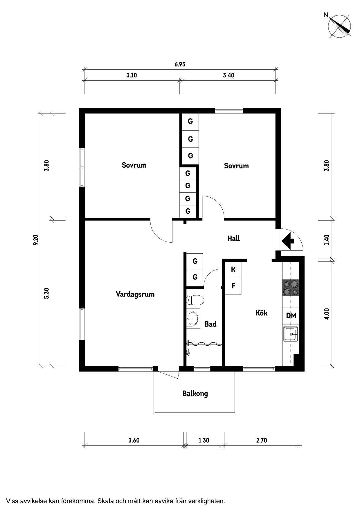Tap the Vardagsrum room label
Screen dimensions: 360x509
[x=135, y=294]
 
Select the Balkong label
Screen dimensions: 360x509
[x=195, y=394]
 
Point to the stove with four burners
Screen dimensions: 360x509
[x=291, y=288]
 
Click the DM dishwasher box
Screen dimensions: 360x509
[x=291, y=315]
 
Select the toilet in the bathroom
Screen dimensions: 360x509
[x=195, y=300]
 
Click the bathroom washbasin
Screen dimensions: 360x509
[x=193, y=318]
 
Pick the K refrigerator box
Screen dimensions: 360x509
[x=233, y=270]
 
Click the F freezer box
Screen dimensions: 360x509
[x=233, y=286]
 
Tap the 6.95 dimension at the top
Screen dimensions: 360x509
[x=180, y=64]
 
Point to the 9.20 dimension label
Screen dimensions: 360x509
[x=35, y=240]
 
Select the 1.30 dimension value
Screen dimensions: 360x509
[x=204, y=440]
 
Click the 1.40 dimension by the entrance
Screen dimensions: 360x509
[x=327, y=240]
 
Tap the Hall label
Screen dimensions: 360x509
[x=233, y=239]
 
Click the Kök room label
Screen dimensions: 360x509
[x=261, y=313]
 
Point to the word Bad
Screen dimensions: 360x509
[x=210, y=324]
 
